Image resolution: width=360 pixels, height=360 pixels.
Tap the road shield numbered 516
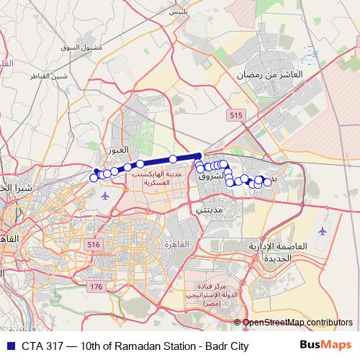(94, 246)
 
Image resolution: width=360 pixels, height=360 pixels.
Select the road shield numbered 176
(97, 287)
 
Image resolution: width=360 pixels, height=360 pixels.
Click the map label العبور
(117, 150)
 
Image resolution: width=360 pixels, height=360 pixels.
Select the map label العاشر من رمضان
(271, 74)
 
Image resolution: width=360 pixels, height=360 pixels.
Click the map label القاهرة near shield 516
(176, 245)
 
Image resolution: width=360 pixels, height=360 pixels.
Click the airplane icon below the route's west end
(106, 195)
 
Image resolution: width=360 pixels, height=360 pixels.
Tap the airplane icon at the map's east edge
(321, 231)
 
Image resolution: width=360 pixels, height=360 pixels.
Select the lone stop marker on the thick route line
(173, 158)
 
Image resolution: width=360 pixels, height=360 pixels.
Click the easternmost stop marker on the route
(267, 182)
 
